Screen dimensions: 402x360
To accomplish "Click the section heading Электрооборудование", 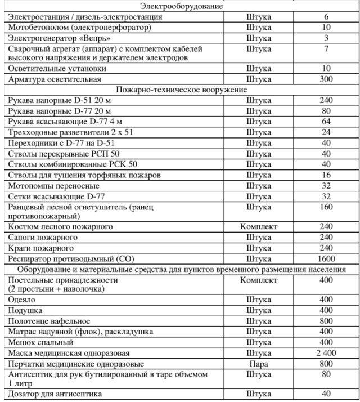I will coord(181,7).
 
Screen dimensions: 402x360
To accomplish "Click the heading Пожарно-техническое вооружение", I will coord(181,90).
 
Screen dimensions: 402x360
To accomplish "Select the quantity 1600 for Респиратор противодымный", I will coord(326,259).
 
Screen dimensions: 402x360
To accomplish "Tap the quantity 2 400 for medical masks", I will coord(326,353).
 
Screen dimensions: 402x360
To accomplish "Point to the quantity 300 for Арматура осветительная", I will coord(326,79).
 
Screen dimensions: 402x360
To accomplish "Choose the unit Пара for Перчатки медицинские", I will coord(259,364).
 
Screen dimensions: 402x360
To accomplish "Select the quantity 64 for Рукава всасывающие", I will coord(326,122).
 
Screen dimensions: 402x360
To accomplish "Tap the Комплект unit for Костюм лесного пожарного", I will coord(259,226).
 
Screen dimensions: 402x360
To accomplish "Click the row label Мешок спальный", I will coord(37,342).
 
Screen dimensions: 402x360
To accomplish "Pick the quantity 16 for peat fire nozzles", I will coord(326,175).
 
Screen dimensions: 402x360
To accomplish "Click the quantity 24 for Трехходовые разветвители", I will coord(326,132).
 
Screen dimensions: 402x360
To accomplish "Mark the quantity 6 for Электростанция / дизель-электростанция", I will coord(326,17).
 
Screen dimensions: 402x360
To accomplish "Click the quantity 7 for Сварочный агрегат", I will coord(326,48).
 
